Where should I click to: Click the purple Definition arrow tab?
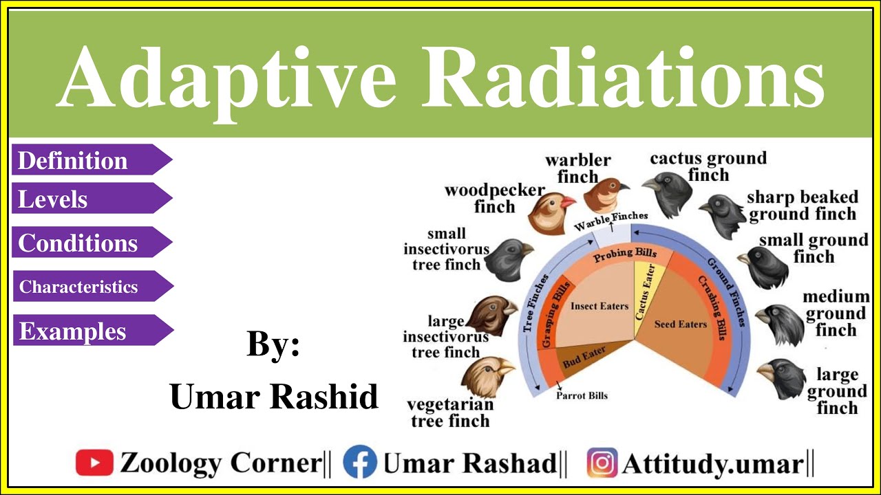pos(86,160)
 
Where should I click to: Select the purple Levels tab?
pos(86,199)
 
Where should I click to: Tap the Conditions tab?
pos(86,243)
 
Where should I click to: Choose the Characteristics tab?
pos(86,287)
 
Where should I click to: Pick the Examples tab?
pos(86,331)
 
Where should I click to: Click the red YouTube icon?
pos(94,463)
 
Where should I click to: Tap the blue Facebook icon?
pos(359,463)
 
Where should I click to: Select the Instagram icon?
pos(602,463)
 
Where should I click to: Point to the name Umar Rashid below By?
pos(274,396)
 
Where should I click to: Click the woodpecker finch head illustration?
pos(551,212)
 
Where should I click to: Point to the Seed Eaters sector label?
pos(680,324)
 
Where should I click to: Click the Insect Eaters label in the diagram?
pos(599,306)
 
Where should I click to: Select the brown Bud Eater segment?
pos(584,358)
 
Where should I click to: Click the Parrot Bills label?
pos(582,396)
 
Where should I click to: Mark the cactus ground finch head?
pos(666,193)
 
